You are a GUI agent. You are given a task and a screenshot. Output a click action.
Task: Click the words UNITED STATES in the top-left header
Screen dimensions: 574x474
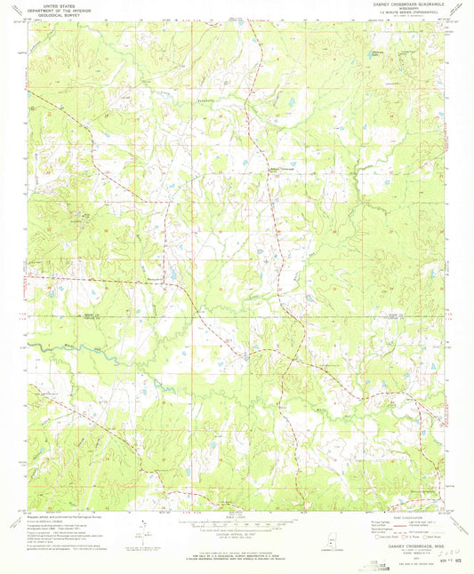tap(51, 4)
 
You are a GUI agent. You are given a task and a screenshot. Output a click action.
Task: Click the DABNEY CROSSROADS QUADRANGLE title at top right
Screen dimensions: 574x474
tap(403, 4)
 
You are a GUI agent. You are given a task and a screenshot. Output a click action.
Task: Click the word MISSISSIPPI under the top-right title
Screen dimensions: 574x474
tap(403, 9)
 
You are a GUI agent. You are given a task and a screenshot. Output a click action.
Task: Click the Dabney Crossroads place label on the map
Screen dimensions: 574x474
tap(281, 169)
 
